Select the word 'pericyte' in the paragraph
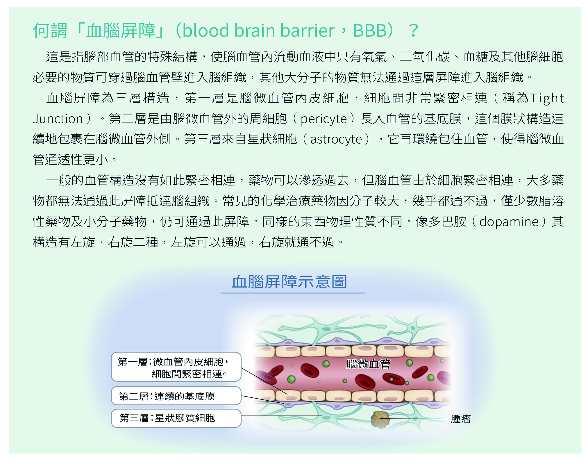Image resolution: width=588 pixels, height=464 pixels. click(x=324, y=119)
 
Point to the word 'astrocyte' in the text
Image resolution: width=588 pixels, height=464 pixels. click(x=336, y=139)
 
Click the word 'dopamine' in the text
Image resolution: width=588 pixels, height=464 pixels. click(x=509, y=222)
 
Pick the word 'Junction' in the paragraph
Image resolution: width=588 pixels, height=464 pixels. click(x=58, y=119)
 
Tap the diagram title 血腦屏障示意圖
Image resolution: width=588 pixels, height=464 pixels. click(x=289, y=282)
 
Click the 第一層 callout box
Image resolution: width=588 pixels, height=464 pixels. click(x=176, y=367)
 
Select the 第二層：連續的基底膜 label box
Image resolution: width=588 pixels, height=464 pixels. click(x=176, y=396)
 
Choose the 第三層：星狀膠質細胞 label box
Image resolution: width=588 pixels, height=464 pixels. click(x=176, y=418)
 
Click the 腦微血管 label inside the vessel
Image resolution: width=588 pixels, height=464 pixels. click(x=368, y=364)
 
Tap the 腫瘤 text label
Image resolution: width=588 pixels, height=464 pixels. click(x=461, y=419)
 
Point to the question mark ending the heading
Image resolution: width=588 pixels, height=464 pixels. click(x=413, y=31)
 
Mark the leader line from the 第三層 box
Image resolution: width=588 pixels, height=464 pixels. click(x=282, y=415)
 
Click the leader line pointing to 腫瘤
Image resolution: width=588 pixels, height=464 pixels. click(x=414, y=419)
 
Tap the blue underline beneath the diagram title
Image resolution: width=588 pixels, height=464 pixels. click(x=293, y=293)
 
